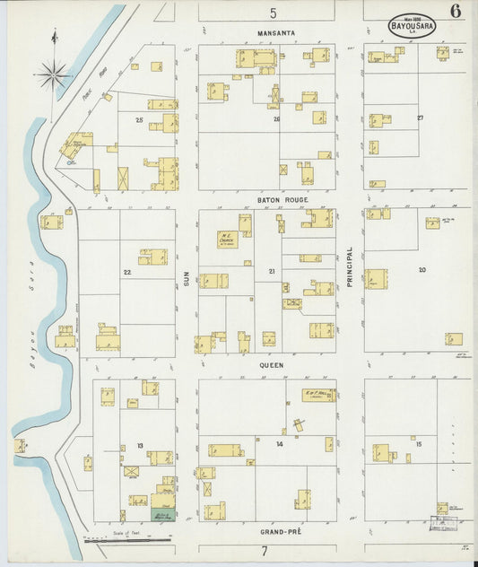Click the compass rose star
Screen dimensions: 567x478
[53, 74]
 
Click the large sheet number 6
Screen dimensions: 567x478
[456, 12]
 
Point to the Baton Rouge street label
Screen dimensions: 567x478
[266, 199]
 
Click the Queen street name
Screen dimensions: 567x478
[271, 365]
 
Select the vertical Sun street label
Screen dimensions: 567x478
[187, 280]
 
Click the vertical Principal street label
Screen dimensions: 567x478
[351, 266]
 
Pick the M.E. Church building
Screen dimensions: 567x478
[228, 240]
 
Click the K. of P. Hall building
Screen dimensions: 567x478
[318, 395]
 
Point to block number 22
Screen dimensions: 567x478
[127, 272]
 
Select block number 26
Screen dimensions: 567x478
[276, 118]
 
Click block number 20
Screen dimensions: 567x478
[422, 269]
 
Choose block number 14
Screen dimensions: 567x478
[280, 444]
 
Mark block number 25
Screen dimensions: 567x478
[139, 119]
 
